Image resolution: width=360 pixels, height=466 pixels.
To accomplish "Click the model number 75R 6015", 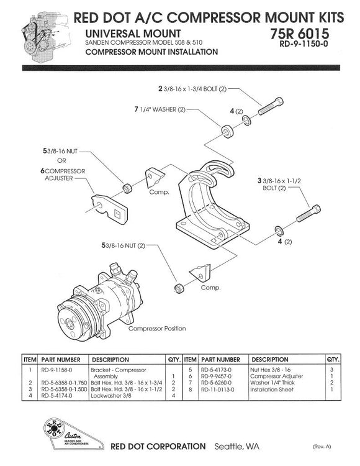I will pyautogui.click(x=300, y=32).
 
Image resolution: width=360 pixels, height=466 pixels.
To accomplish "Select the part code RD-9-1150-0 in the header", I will pyautogui.click(x=308, y=44).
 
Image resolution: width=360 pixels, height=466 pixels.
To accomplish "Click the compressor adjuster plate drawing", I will pyautogui.click(x=110, y=210).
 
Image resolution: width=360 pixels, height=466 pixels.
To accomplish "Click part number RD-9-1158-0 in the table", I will pyautogui.click(x=60, y=369).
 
